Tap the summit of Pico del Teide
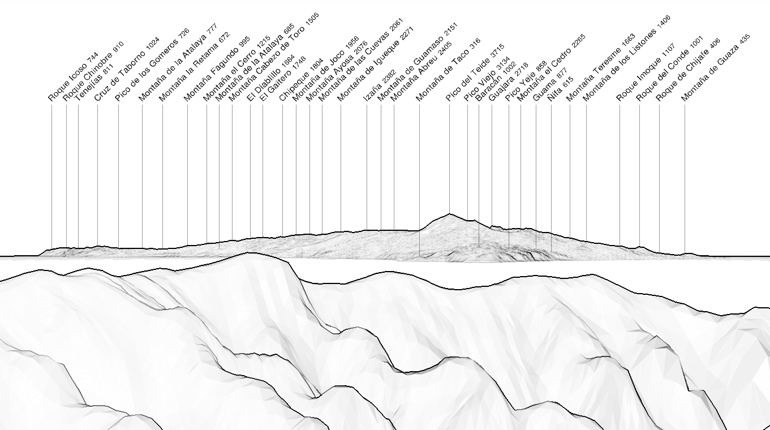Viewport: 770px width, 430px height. tap(449, 214)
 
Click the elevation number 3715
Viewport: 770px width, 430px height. tap(497, 50)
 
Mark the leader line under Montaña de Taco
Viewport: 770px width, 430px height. tap(419, 180)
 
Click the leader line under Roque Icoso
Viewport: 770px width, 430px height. tap(51, 177)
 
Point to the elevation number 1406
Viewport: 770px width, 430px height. tap(664, 21)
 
